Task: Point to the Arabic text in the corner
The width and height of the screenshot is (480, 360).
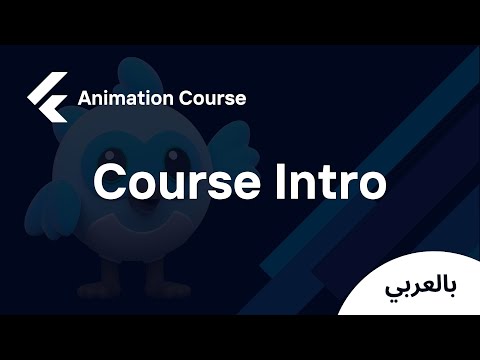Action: [x=420, y=287]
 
